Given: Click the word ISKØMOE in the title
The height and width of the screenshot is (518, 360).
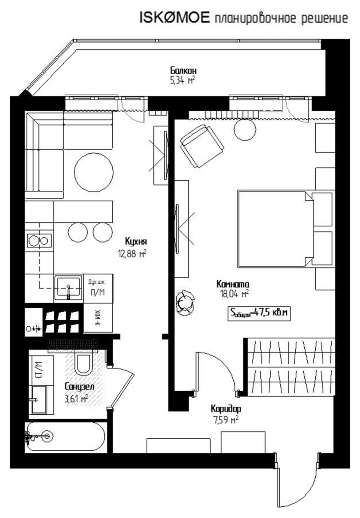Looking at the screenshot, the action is tap(174, 18).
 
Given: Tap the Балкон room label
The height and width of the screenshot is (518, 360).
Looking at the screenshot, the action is tap(183, 70).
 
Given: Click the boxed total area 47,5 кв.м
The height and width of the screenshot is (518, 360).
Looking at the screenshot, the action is tap(259, 313).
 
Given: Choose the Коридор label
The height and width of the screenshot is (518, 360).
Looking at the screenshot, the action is tap(226, 409).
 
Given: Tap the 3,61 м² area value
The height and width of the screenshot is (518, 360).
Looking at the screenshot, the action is tap(76, 398).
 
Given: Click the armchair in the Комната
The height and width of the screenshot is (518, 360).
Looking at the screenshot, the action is tap(202, 146).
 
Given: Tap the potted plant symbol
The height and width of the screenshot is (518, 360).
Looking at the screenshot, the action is tap(185, 303).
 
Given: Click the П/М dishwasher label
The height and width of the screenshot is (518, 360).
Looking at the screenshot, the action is tap(97, 293).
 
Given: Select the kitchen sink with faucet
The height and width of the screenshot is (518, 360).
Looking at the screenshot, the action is tap(68, 288).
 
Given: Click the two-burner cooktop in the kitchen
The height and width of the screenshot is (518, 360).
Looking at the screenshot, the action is tap(39, 240).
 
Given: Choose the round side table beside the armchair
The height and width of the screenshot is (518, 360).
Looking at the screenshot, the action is tap(245, 130).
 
